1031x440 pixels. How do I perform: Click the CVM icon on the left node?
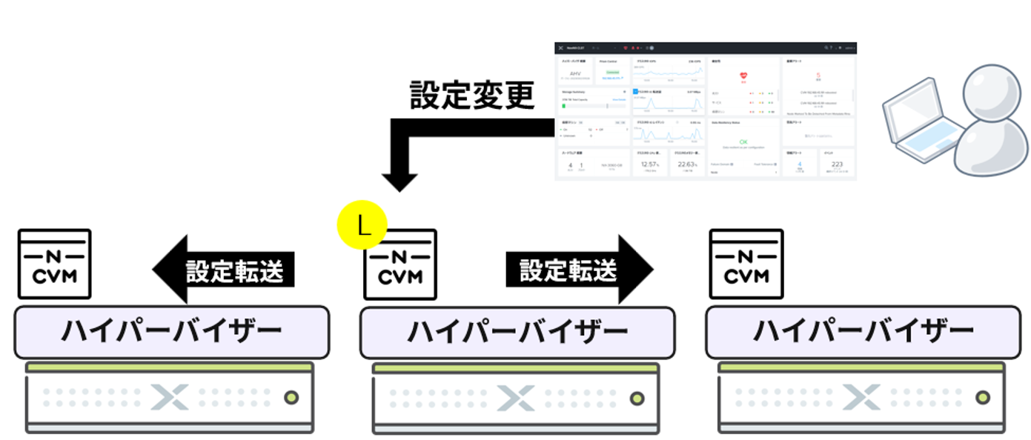pyautogui.click(x=54, y=264)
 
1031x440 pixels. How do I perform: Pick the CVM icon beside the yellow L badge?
pyautogui.click(x=400, y=264)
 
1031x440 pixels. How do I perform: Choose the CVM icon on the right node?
pyautogui.click(x=746, y=264)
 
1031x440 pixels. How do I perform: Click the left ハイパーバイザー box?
pyautogui.click(x=171, y=332)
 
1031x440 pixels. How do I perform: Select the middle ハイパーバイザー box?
pyautogui.click(x=517, y=332)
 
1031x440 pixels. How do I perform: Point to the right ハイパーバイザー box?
pyautogui.click(x=863, y=332)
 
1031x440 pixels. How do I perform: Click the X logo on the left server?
pyautogui.click(x=170, y=398)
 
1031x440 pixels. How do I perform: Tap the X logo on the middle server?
pyautogui.click(x=516, y=398)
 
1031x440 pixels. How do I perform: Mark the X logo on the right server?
pyautogui.click(x=861, y=398)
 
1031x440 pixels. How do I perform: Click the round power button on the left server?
pyautogui.click(x=291, y=398)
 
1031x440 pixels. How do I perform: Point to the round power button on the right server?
pyautogui.click(x=983, y=398)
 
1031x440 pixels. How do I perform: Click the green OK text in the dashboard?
pyautogui.click(x=743, y=141)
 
